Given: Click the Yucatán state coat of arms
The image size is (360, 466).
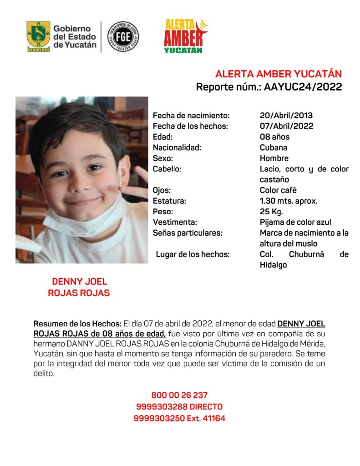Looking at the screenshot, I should (38, 36).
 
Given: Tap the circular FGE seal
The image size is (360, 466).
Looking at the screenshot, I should (123, 36).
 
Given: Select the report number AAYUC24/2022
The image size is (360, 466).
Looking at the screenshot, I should (303, 87).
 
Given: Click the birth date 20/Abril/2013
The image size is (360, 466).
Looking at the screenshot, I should (286, 116).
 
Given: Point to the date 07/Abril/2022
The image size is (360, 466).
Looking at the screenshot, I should (286, 126).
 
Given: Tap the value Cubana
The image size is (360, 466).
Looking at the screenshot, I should (273, 147).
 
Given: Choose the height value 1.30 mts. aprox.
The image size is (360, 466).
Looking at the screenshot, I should (288, 201).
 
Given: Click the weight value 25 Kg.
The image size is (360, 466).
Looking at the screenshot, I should (271, 212).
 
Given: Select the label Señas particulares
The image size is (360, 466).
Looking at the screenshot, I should (188, 233).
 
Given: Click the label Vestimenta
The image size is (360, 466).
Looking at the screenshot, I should (175, 222).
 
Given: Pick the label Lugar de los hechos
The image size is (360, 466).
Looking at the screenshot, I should (193, 254).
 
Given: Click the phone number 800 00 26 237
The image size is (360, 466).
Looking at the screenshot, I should (179, 395).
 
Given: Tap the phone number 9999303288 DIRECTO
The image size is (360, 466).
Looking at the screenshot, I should (179, 406).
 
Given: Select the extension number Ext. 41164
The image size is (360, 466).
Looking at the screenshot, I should (206, 418).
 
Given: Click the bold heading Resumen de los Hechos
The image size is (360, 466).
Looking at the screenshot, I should (77, 324).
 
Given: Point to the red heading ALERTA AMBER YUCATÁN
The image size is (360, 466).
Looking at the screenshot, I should (278, 74).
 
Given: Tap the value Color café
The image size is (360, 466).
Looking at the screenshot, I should (278, 190).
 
